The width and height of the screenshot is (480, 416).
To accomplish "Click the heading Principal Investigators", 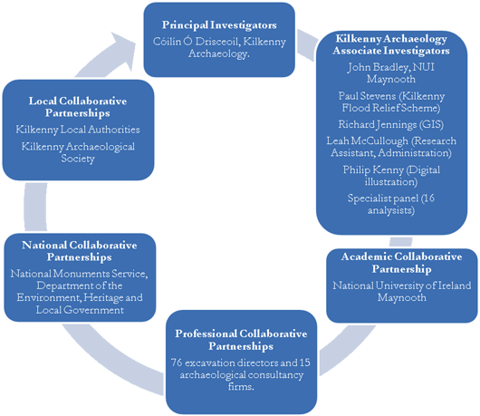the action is click(219, 25).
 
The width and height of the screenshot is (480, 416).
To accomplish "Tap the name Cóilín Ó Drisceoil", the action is click(195, 42).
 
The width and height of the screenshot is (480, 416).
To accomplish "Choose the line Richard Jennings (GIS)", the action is click(391, 124).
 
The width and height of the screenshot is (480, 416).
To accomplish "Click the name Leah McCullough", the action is click(367, 140).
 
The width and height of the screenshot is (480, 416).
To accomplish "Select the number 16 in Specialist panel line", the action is click(429, 198).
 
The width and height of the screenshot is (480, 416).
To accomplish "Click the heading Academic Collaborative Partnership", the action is click(401, 263).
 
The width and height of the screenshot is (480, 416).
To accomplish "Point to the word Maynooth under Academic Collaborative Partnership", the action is click(401, 297).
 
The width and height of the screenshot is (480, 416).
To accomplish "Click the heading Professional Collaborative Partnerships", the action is click(241, 340).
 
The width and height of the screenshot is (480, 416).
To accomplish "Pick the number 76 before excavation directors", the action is click(177, 363).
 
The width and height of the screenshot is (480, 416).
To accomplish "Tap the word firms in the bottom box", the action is click(240, 387).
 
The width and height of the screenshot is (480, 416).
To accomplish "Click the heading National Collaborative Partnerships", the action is click(80, 251).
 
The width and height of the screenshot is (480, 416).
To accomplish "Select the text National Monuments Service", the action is click(79, 274).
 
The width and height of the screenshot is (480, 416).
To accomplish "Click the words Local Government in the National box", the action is click(80, 310).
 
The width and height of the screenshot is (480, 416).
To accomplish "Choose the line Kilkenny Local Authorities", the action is click(78, 130).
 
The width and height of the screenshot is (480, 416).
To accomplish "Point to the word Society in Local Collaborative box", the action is click(78, 159).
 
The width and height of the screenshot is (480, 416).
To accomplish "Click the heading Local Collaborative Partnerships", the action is click(78, 107).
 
